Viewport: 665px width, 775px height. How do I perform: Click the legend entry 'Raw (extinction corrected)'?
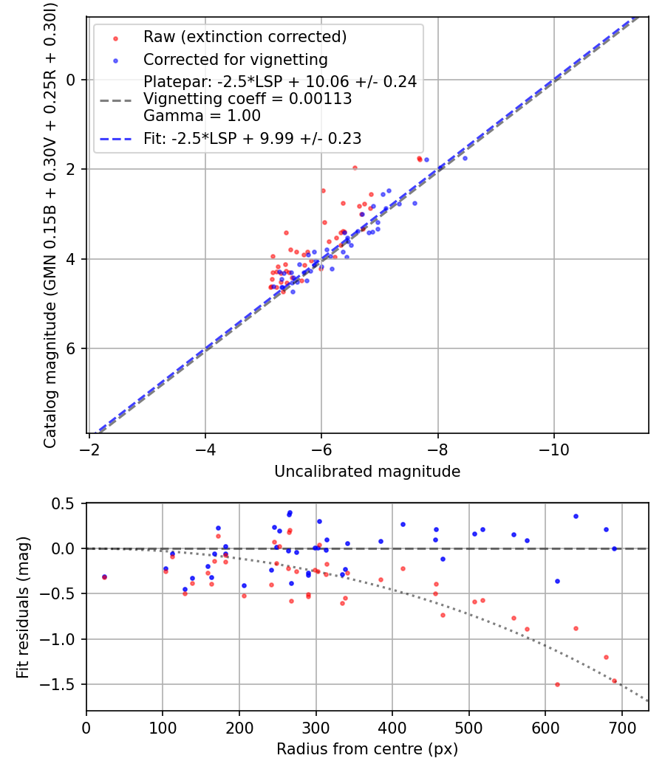pyautogui.click(x=245, y=37)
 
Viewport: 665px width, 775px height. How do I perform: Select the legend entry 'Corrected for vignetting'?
pyautogui.click(x=236, y=59)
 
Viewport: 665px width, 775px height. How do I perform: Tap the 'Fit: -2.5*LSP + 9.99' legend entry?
pyautogui.click(x=252, y=138)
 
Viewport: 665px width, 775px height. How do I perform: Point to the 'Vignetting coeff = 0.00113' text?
pyautogui.click(x=248, y=99)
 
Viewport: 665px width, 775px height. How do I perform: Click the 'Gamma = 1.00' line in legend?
pyautogui.click(x=202, y=116)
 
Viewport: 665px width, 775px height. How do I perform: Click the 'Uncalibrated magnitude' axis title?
pyautogui.click(x=367, y=471)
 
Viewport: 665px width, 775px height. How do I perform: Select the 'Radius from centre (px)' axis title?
pyautogui.click(x=367, y=749)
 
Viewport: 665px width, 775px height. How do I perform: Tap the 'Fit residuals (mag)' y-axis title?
pyautogui.click(x=23, y=607)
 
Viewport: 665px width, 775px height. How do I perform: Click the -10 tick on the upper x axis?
pyautogui.click(x=554, y=449)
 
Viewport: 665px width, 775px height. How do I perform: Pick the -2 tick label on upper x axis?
pyautogui.click(x=89, y=449)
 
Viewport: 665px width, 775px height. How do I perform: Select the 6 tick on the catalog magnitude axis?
pyautogui.click(x=72, y=348)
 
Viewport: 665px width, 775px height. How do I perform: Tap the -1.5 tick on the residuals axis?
pyautogui.click(x=62, y=684)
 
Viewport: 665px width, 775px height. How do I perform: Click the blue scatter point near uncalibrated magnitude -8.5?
pyautogui.click(x=465, y=158)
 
